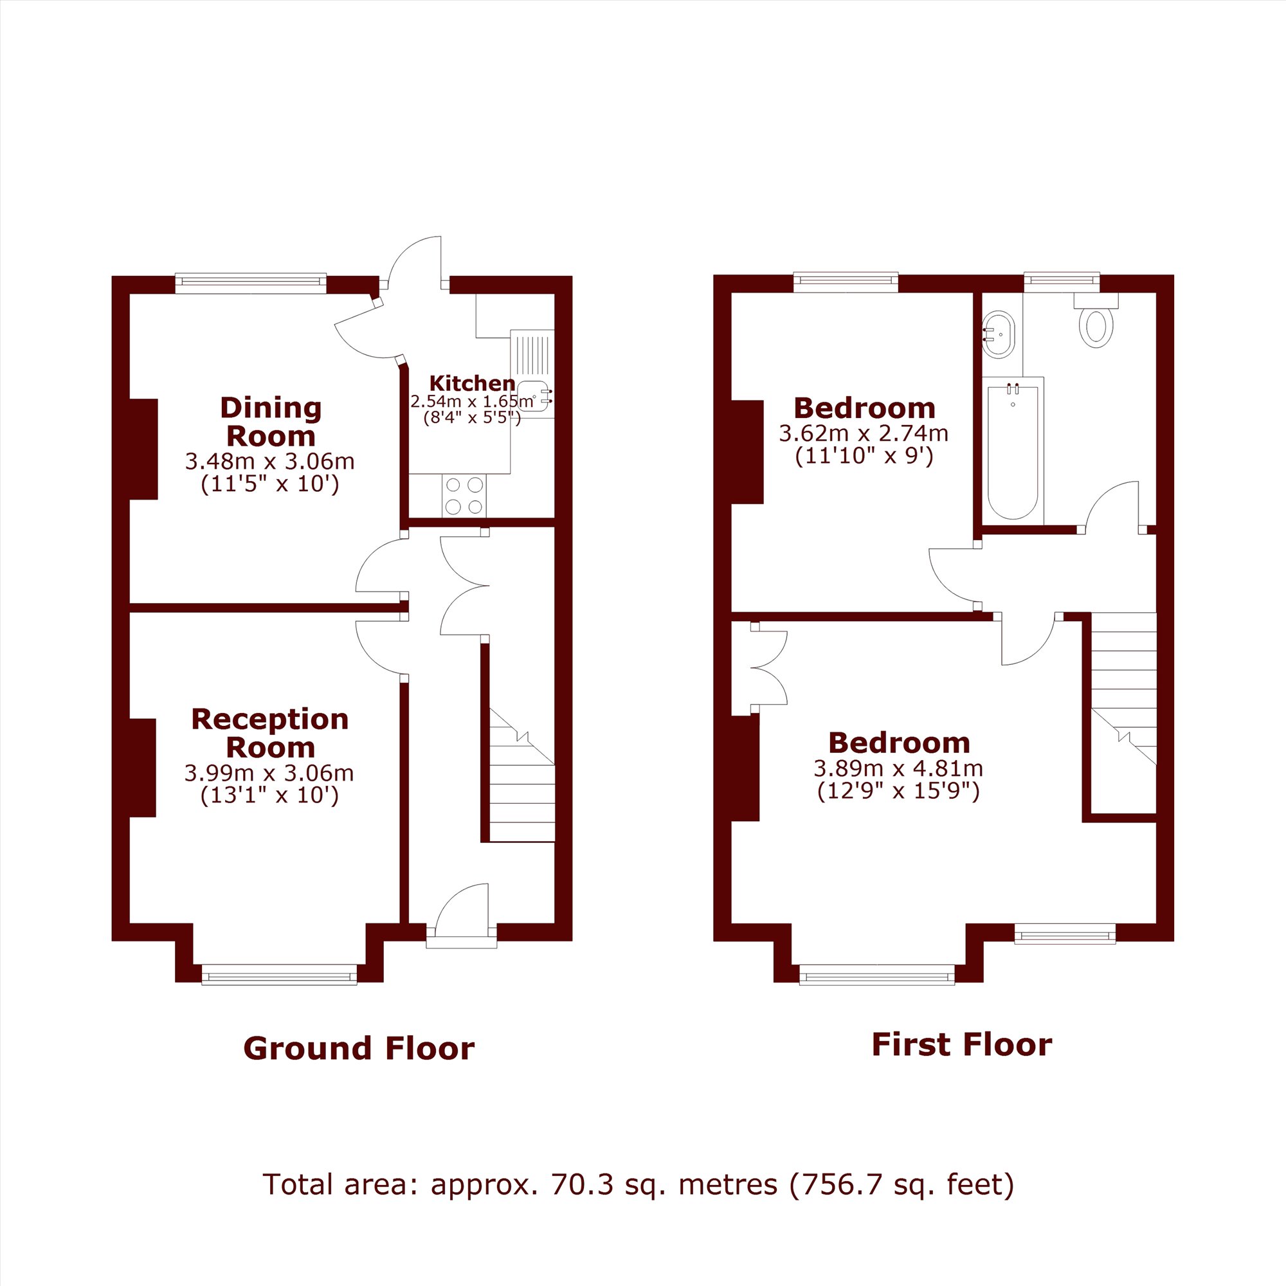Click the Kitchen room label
point(472,383)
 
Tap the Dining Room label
point(270,422)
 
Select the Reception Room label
point(269,733)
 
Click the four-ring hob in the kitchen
point(464,496)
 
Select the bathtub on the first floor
point(1013,451)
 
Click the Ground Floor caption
point(359,1048)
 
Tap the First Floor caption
point(962,1044)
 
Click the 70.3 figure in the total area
point(583,1185)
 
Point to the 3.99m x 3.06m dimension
point(269,773)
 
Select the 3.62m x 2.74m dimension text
point(864,433)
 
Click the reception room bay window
point(279,977)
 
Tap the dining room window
point(251,283)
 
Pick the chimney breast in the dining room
point(143,449)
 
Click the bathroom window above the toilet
point(1062,282)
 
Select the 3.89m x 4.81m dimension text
point(898,768)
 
